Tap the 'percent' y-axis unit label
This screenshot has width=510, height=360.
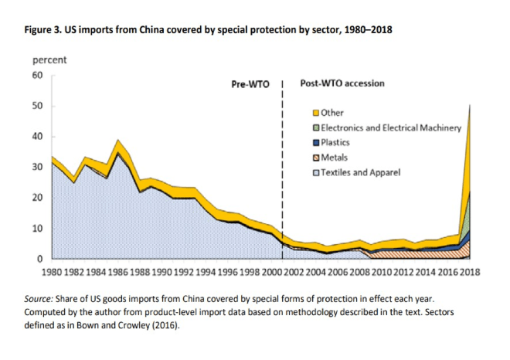pyautogui.click(x=48, y=60)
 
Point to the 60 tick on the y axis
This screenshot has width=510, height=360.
pyautogui.click(x=36, y=76)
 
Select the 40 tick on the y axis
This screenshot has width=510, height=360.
pyautogui.click(x=36, y=137)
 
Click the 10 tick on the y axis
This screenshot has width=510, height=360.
pyautogui.click(x=36, y=229)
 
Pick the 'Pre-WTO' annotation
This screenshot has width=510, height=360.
pyautogui.click(x=250, y=83)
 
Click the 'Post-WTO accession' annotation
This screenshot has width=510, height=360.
pyautogui.click(x=342, y=83)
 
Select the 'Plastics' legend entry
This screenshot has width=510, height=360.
pyautogui.click(x=335, y=142)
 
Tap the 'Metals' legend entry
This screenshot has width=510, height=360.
pyautogui.click(x=333, y=157)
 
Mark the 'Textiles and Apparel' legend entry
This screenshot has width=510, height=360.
pyautogui.click(x=359, y=172)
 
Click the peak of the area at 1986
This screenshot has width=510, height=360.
pyautogui.click(x=117, y=141)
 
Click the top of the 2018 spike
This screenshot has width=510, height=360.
pyautogui.click(x=471, y=104)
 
